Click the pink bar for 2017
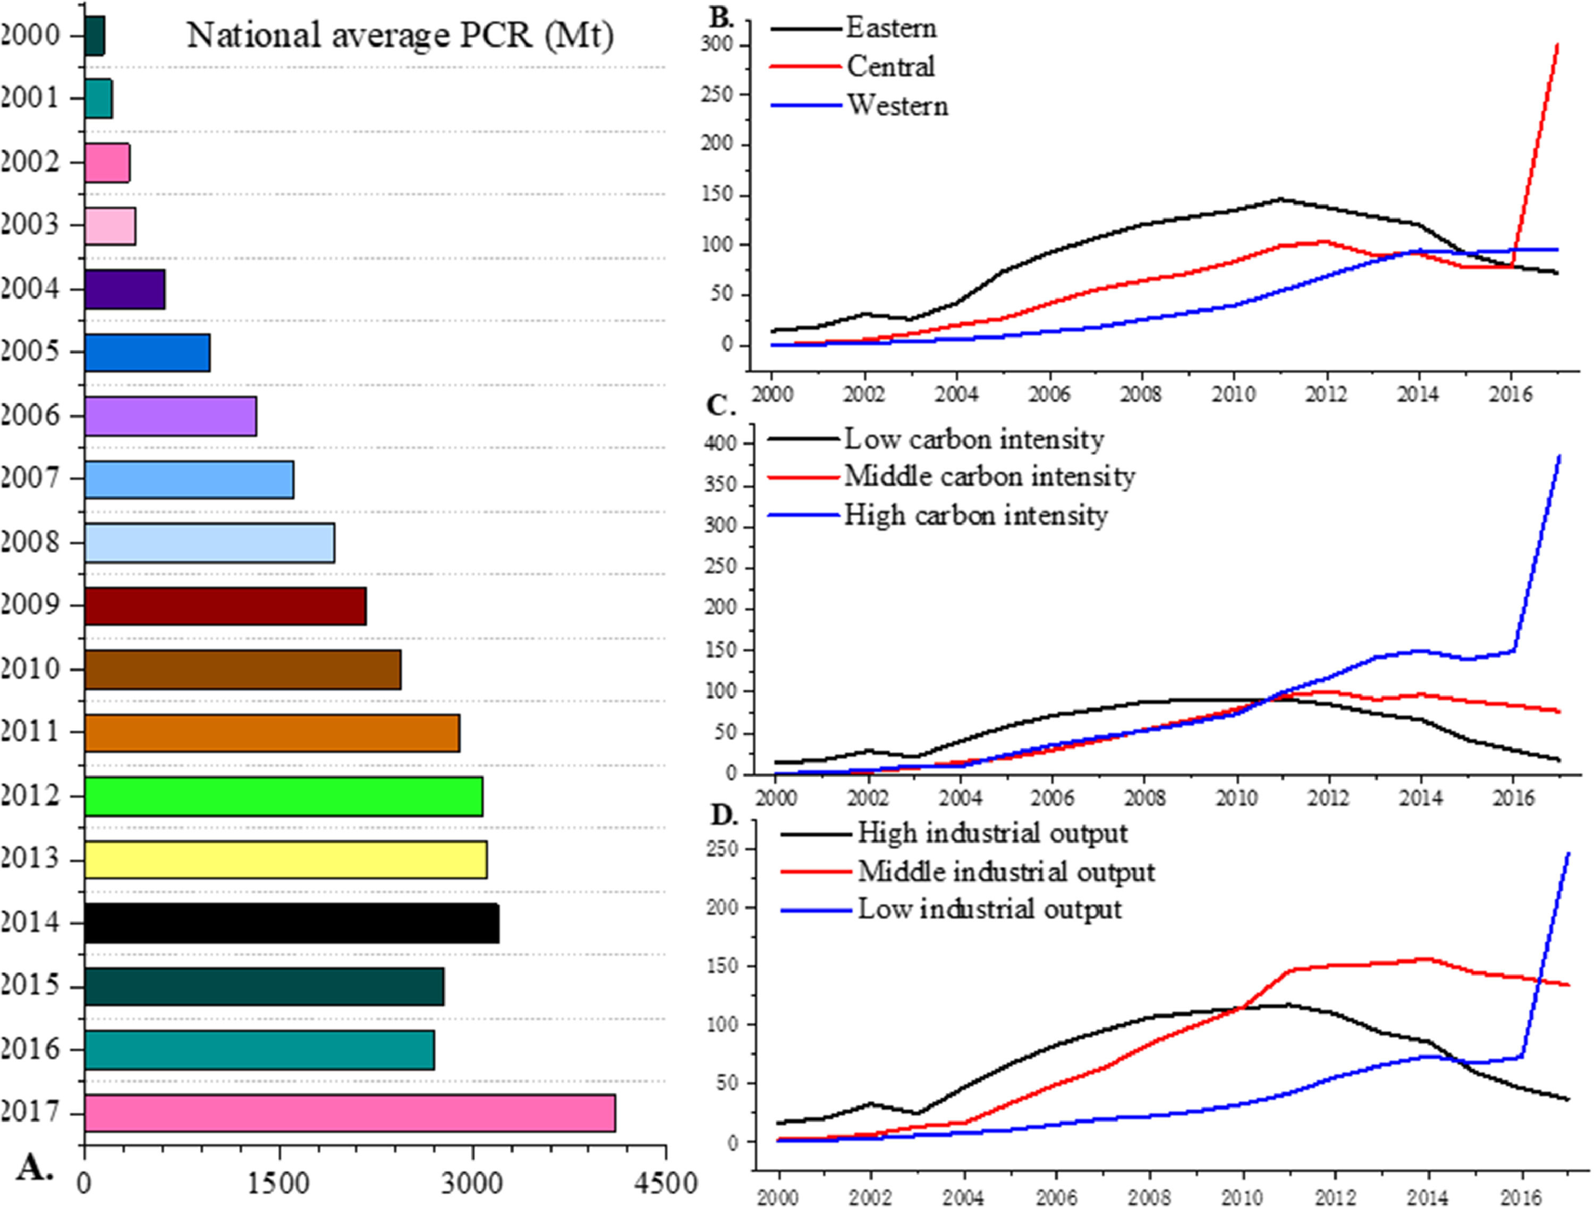(x=350, y=1112)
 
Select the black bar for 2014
(x=291, y=922)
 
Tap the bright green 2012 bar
(x=283, y=796)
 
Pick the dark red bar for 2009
(x=225, y=606)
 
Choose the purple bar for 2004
(x=125, y=289)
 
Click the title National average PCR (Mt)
(x=400, y=35)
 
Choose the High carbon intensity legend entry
(x=975, y=516)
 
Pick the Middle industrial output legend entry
(x=1006, y=872)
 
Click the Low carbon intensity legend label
(x=973, y=439)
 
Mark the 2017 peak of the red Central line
(x=1557, y=45)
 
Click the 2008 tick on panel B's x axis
(x=1141, y=395)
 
